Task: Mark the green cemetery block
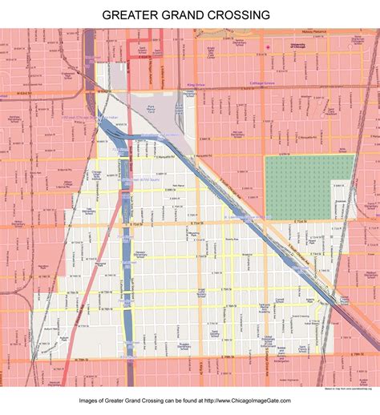309,187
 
